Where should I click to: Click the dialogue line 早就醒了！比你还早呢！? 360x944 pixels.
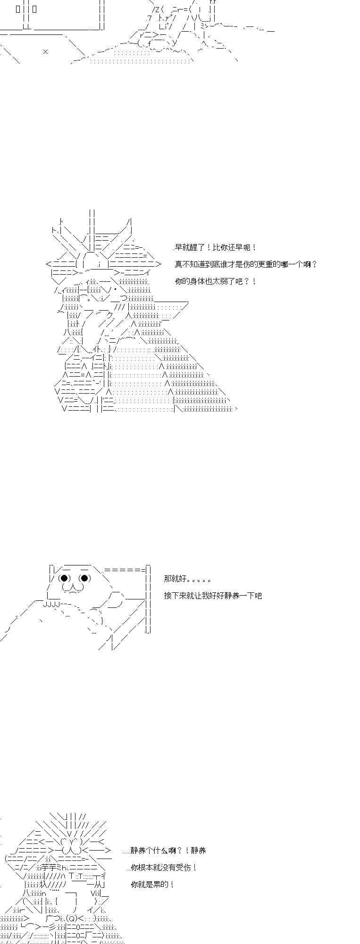[x=216, y=247]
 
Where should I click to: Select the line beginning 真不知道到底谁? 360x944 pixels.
[x=246, y=264]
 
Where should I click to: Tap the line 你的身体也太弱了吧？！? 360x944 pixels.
[x=216, y=281]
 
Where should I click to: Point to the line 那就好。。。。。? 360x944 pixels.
[x=187, y=579]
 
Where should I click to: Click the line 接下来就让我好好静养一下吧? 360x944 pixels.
[x=213, y=596]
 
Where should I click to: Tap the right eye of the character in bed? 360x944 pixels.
[x=85, y=578]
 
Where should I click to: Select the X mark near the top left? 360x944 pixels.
[x=45, y=51]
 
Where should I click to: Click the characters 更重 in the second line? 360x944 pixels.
[x=274, y=264]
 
